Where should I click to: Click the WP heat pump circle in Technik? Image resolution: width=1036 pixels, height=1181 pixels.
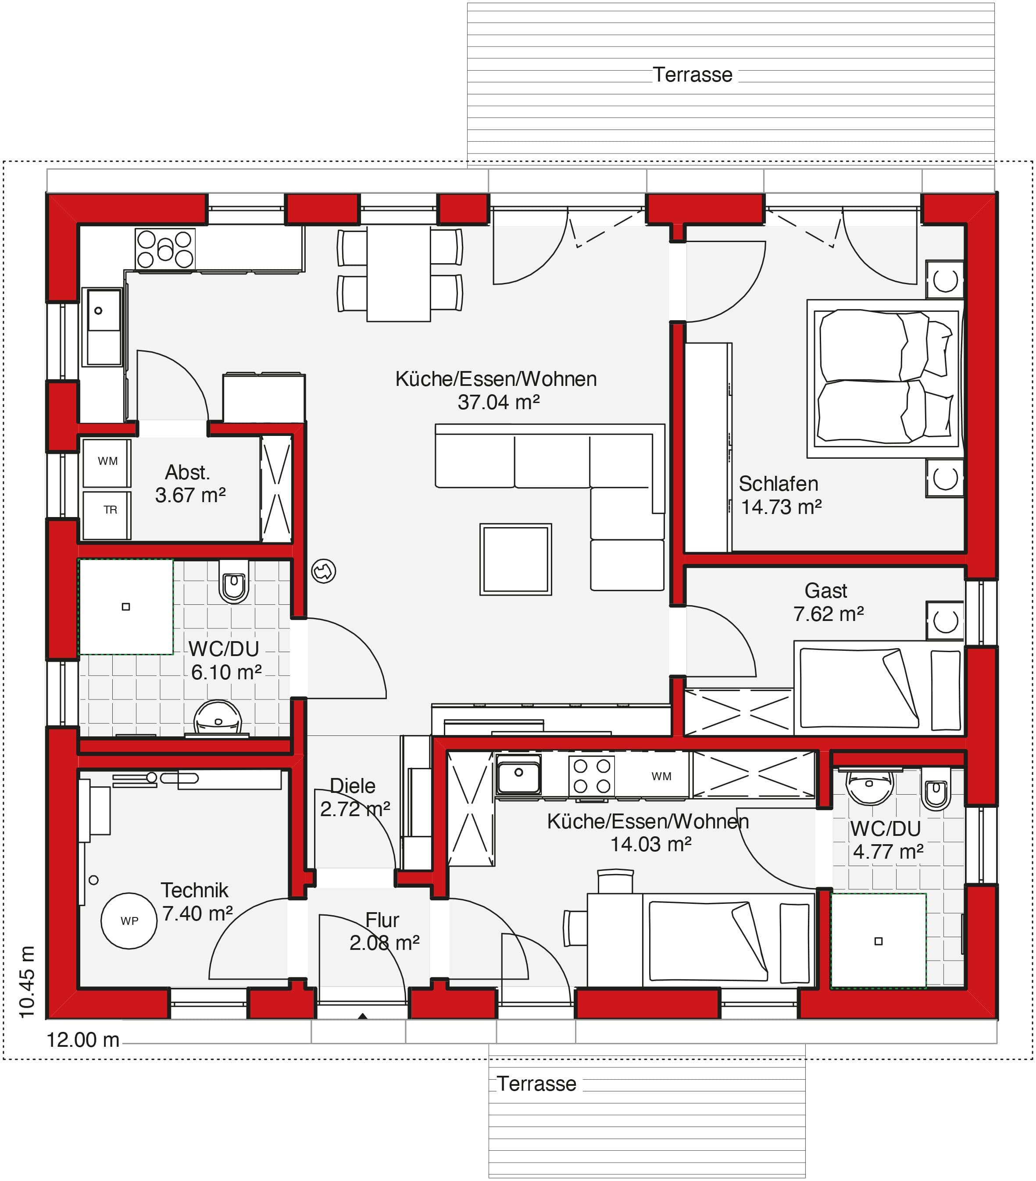[129, 921]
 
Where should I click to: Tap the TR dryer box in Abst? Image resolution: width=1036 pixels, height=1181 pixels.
[107, 515]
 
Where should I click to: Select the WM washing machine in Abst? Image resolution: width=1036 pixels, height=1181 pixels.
[107, 463]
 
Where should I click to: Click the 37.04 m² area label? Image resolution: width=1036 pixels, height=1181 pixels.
[499, 402]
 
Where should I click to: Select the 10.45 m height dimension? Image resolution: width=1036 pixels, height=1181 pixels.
[27, 982]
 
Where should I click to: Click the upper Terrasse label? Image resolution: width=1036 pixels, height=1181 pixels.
[692, 75]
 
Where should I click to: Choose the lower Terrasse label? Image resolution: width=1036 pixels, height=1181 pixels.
[536, 1084]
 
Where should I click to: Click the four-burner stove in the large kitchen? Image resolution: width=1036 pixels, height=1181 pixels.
[165, 249]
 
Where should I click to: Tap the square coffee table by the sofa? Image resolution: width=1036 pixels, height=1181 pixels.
[515, 559]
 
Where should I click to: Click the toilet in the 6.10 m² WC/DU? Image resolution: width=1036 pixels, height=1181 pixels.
[234, 581]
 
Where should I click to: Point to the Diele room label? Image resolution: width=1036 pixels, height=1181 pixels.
[353, 786]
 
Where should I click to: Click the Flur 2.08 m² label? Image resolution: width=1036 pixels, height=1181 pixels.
[384, 931]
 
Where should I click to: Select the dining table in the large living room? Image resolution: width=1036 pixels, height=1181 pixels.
[399, 273]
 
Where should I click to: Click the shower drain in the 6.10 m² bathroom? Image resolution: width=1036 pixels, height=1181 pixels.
[126, 607]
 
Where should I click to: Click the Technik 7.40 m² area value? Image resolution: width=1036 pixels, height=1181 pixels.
[198, 913]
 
